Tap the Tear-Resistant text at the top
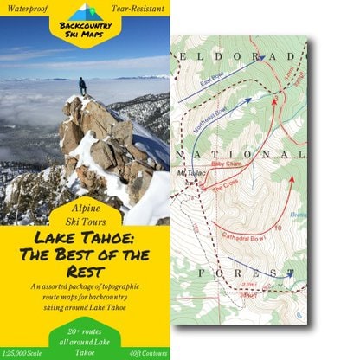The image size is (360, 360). coord(138,8)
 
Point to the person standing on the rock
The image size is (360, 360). coord(83,86)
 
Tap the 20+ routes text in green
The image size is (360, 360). coord(84,331)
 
